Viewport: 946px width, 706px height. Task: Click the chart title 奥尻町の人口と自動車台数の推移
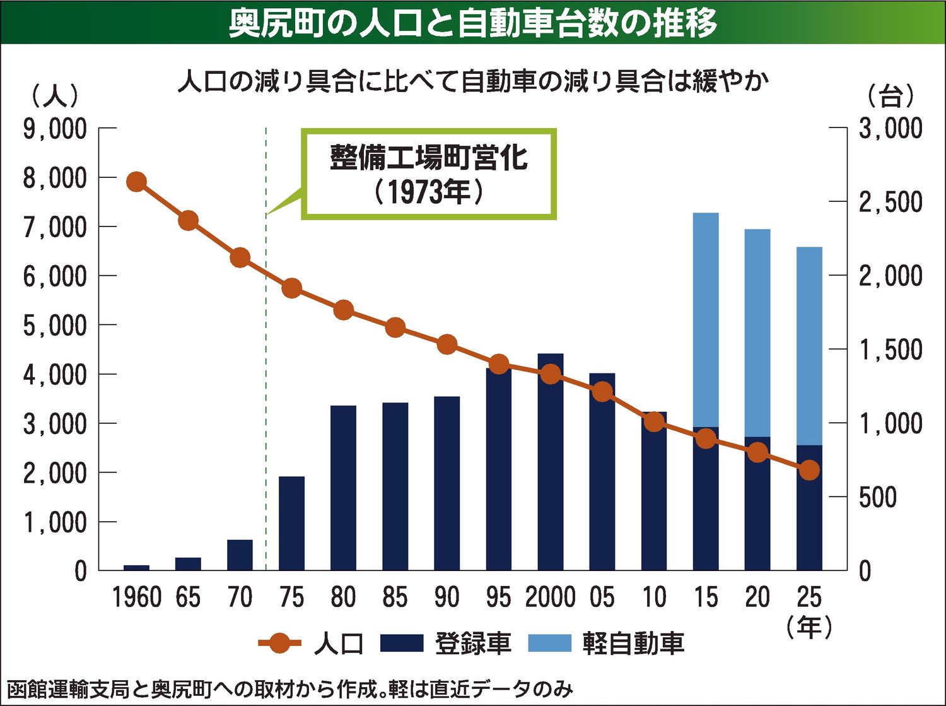[473, 23]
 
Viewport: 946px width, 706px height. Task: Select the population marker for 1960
[137, 182]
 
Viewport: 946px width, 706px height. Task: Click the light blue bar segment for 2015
[706, 319]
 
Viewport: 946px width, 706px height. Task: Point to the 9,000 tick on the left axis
[55, 129]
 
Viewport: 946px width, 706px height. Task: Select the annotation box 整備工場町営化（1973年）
[429, 174]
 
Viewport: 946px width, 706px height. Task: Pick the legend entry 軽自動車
[606, 644]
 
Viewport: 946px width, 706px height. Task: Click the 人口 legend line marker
[279, 644]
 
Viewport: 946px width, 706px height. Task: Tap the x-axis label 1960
[137, 597]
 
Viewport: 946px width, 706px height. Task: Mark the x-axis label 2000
[551, 597]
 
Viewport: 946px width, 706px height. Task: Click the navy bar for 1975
[292, 524]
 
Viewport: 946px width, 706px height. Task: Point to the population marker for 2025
[810, 470]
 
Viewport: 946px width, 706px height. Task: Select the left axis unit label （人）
[55, 96]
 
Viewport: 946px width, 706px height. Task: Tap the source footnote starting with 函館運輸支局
[290, 689]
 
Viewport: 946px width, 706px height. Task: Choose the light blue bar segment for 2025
[810, 346]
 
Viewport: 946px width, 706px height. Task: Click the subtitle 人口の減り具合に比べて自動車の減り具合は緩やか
[473, 82]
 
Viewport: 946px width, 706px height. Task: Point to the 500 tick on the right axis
[878, 498]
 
